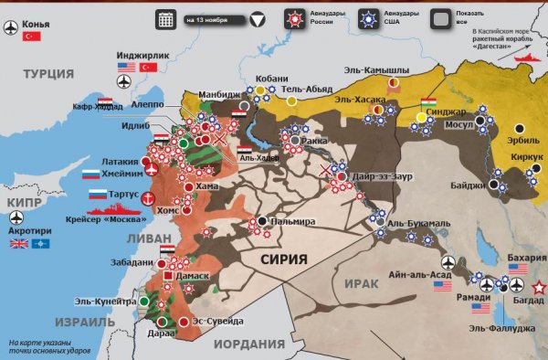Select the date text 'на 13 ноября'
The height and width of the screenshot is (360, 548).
click(x=205, y=18)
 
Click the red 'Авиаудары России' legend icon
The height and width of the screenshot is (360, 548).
click(x=293, y=18)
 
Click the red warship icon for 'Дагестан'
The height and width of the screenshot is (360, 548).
click(x=530, y=57)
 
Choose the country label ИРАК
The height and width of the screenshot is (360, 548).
click(x=362, y=284)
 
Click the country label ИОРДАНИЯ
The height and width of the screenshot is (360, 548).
click(x=249, y=344)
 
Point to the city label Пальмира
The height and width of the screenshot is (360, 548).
click(x=293, y=221)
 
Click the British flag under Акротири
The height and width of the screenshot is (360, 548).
click(x=18, y=244)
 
